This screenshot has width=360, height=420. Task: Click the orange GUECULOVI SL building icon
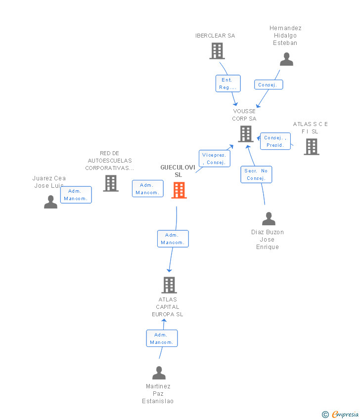point(179,190)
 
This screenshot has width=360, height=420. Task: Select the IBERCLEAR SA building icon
point(217,51)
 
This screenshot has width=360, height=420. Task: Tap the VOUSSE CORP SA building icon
point(245,134)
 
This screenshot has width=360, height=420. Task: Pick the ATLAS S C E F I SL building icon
point(311,147)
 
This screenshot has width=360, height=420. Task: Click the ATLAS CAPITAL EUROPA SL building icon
point(169,285)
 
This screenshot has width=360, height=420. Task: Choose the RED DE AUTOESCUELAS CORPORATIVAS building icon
point(111,183)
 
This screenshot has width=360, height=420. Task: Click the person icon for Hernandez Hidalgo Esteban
point(286,59)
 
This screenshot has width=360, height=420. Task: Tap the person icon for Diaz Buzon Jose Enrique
point(269,218)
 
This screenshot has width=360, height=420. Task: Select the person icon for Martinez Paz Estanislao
point(159,373)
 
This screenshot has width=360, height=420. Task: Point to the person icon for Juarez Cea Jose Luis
point(50,202)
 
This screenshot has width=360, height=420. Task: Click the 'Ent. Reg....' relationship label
point(227,84)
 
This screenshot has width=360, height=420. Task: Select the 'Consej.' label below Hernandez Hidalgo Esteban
point(268,85)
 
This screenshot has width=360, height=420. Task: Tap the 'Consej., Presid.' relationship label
point(275,141)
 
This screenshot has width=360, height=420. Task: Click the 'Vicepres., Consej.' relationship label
point(214,159)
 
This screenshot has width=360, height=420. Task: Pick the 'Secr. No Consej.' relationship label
point(256,174)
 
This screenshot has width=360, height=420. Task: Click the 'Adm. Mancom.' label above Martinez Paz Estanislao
point(162,338)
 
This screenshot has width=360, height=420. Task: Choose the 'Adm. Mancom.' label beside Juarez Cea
point(76,195)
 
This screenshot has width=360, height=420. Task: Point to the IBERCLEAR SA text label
point(215,36)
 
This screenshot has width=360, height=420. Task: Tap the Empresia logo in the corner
point(341,415)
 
